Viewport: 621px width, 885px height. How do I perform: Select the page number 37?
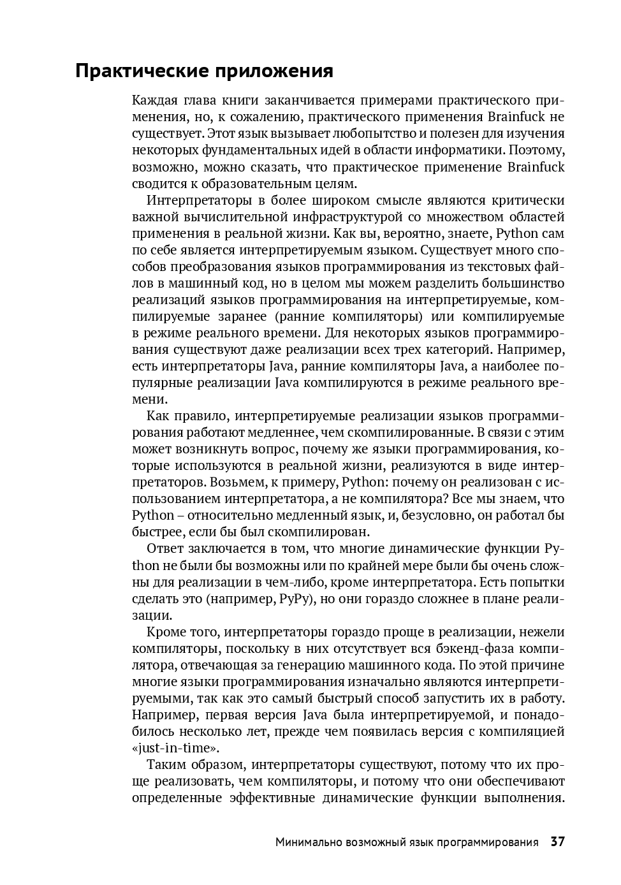[x=557, y=842]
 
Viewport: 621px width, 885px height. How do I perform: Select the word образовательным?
[x=240, y=184]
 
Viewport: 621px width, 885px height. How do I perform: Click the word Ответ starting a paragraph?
[x=164, y=548]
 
